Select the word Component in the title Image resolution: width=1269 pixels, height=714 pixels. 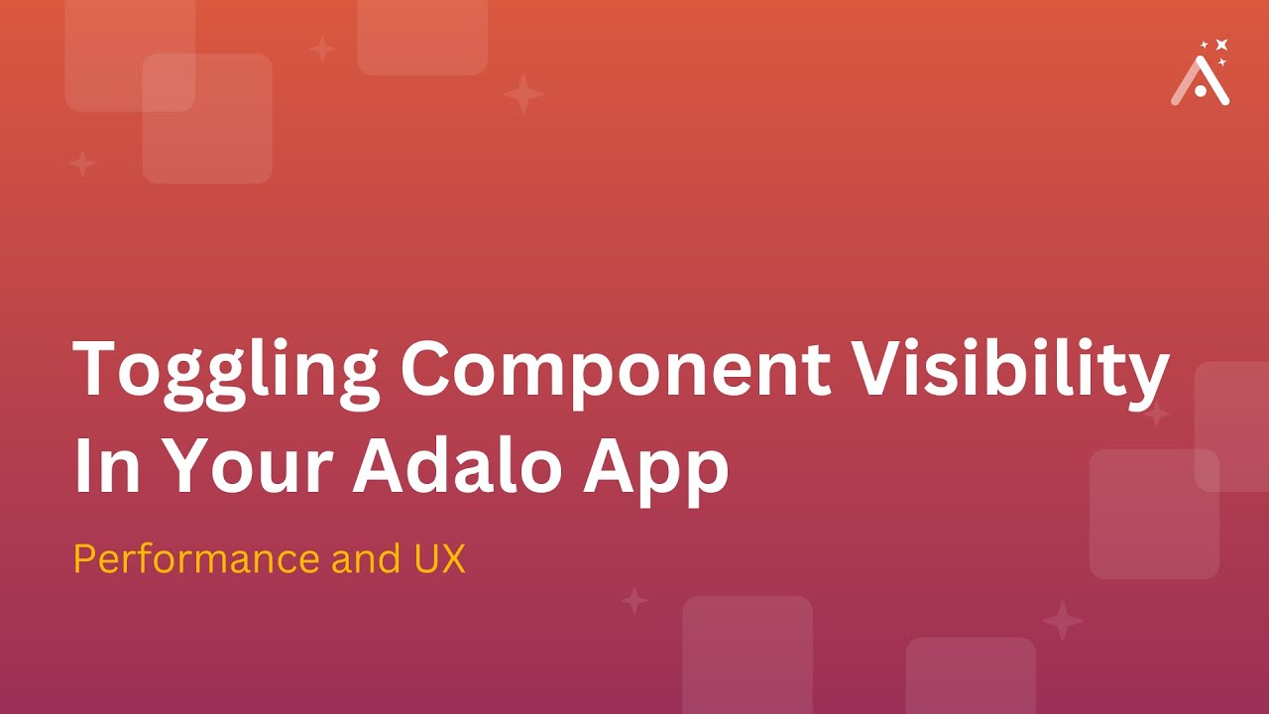pyautogui.click(x=616, y=369)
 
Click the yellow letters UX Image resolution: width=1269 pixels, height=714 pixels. pyautogui.click(x=437, y=560)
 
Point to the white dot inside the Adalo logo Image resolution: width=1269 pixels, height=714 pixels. pyautogui.click(x=1201, y=91)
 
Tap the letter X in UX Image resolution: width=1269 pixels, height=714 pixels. pyautogui.click(x=452, y=560)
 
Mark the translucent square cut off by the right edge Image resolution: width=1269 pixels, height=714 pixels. pyautogui.click(x=1232, y=426)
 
